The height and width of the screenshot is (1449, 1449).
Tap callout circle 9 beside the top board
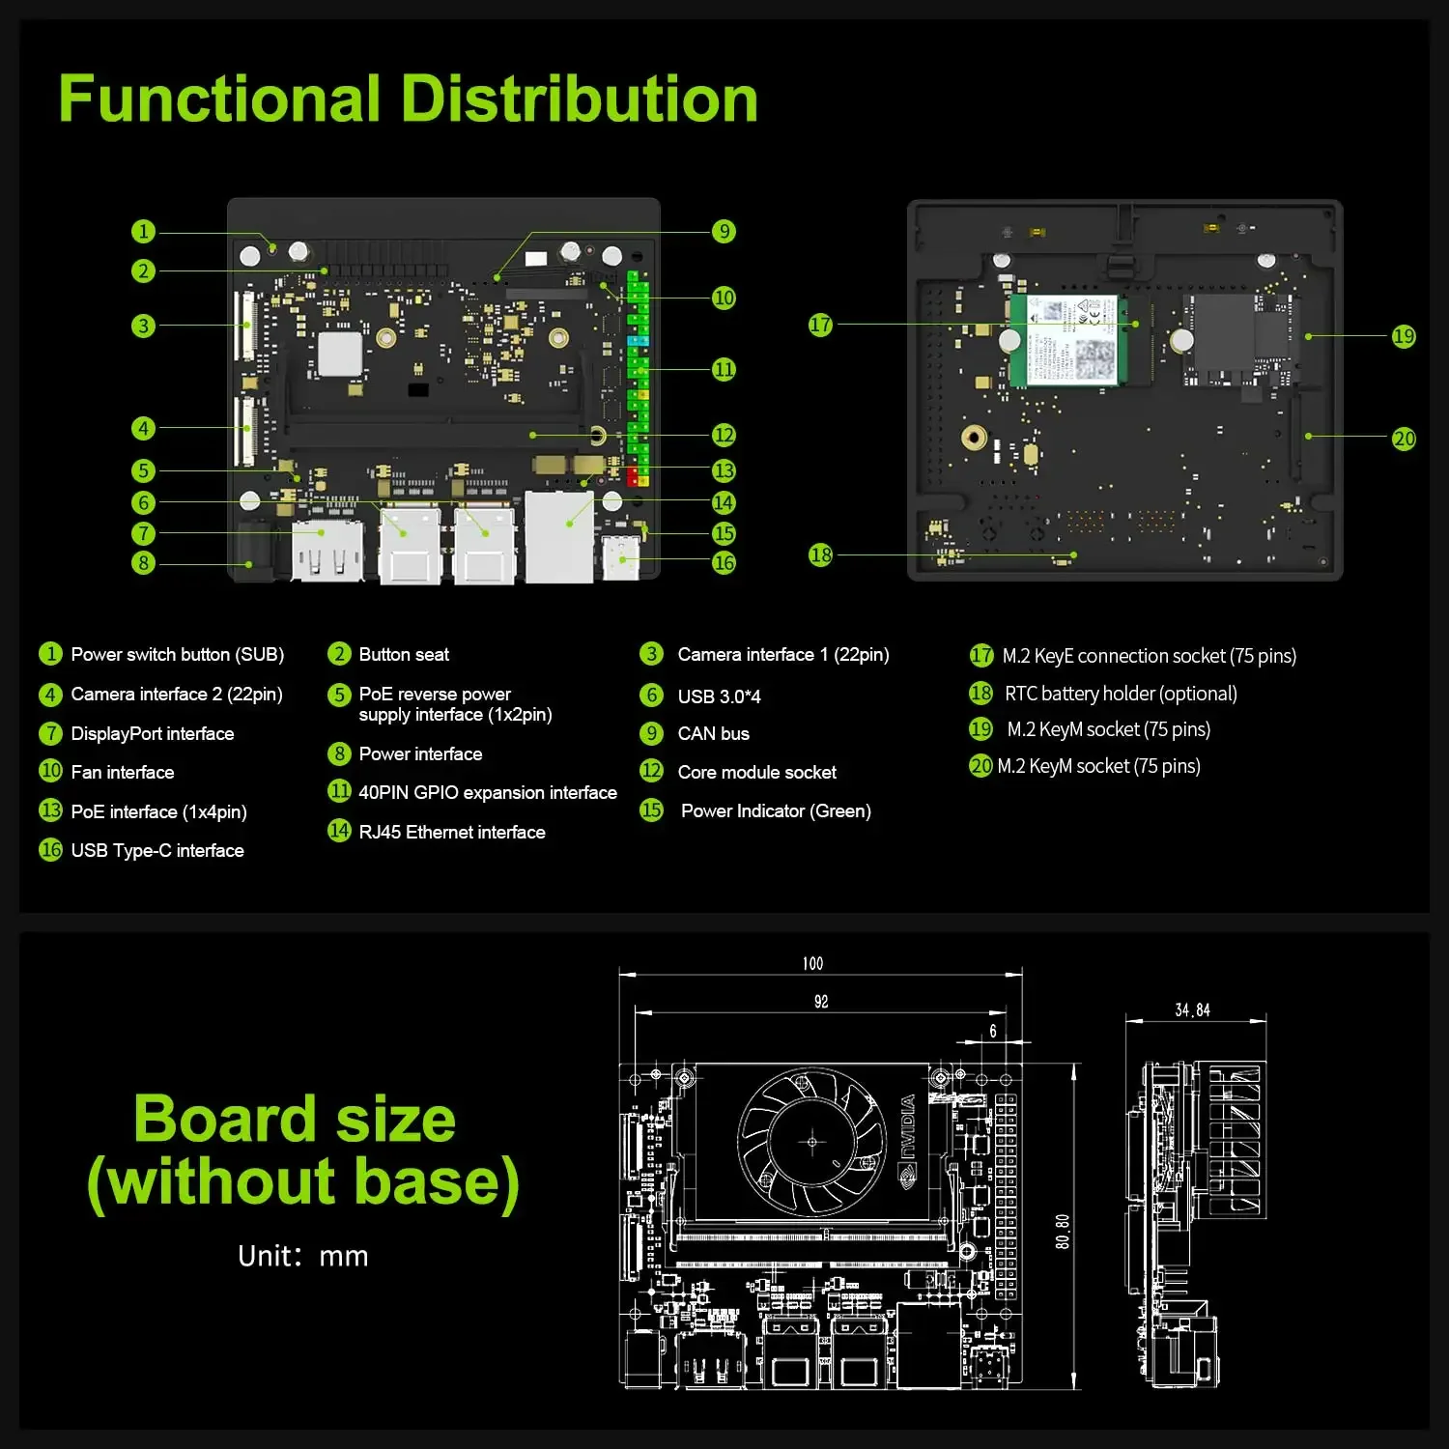click(724, 231)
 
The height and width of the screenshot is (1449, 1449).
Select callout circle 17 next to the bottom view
click(820, 325)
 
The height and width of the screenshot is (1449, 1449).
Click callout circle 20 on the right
click(1404, 439)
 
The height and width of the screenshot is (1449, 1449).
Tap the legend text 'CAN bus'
click(713, 733)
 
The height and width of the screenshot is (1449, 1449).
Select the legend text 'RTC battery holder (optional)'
click(1120, 694)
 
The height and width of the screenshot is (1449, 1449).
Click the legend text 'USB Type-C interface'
click(156, 850)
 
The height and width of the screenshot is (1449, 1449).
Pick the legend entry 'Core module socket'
click(756, 772)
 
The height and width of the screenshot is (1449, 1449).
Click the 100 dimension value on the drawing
click(812, 963)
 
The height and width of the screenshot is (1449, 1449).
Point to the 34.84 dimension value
click(1192, 1010)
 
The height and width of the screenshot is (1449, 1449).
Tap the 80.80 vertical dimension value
click(1063, 1232)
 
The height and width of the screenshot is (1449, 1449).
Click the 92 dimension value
click(820, 1002)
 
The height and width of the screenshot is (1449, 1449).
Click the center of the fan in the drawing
click(811, 1142)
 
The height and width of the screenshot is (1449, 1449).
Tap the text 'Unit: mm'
click(302, 1256)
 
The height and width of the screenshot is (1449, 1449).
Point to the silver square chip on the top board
click(340, 354)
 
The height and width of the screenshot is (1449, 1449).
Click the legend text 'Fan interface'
click(122, 772)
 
